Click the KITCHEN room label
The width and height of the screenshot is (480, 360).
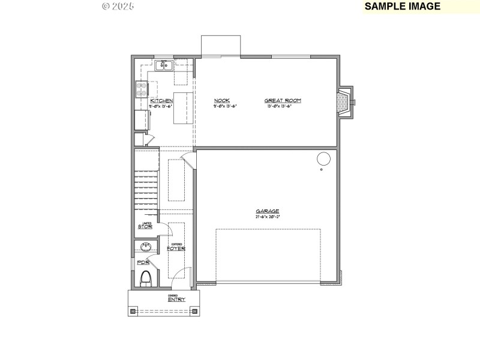tap(161, 100)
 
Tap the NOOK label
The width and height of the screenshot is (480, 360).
tap(221, 100)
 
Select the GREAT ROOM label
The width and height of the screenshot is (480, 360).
tap(283, 100)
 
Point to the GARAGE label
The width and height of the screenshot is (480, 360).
tap(268, 211)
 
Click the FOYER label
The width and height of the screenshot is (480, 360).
tap(176, 248)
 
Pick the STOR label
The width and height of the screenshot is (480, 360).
tap(145, 227)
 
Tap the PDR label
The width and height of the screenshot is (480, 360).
tap(143, 263)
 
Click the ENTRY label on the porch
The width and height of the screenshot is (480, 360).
tap(176, 299)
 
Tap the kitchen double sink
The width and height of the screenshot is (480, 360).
tap(163, 65)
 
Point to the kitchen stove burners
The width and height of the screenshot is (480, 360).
tap(142, 89)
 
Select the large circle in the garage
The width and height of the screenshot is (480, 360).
tap(323, 159)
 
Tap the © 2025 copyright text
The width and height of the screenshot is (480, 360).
tap(118, 6)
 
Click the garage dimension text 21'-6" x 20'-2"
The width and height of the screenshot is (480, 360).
tap(268, 217)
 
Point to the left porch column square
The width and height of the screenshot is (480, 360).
tap(132, 311)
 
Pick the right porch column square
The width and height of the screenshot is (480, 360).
tap(195, 311)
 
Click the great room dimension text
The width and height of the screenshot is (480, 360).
tap(283, 106)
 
